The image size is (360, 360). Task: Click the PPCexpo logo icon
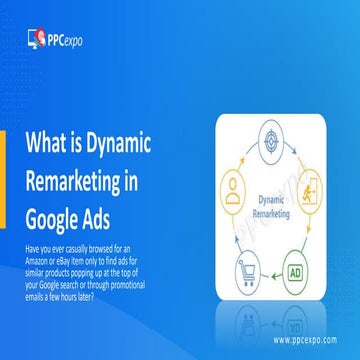click(36, 40)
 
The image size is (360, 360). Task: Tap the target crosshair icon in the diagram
click(272, 137)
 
